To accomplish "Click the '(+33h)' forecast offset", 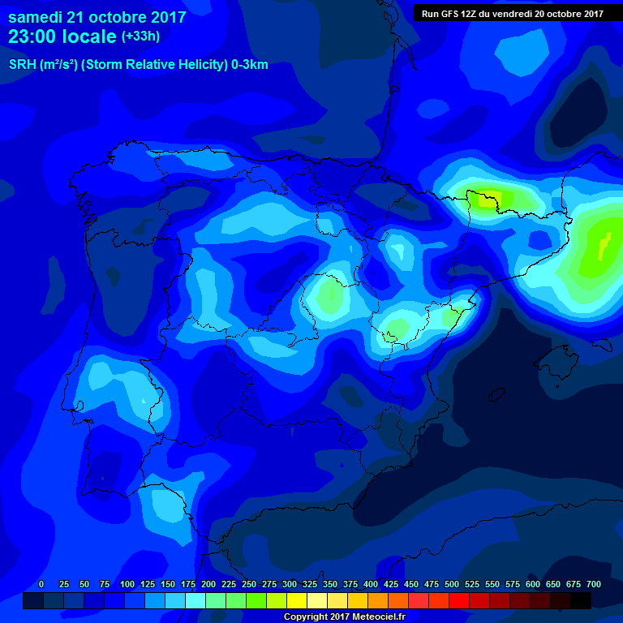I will (141, 37).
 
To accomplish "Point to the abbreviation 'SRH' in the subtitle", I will (23, 65).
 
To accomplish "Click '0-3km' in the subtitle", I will (248, 65).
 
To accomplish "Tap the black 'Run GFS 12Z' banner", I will (512, 13).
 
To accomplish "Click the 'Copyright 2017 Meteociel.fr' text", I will (344, 617).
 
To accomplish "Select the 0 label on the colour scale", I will (41, 584).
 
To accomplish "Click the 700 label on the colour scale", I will (593, 584).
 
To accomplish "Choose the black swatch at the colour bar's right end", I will (581, 600).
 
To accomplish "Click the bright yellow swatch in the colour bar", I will (297, 600).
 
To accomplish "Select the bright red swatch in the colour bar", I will (459, 600).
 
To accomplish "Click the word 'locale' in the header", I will (86, 37).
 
